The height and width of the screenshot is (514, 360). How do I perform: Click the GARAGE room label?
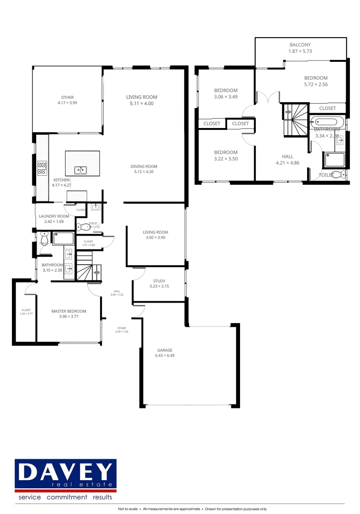(x=164, y=350)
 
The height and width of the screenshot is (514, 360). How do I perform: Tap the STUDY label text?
(x=159, y=281)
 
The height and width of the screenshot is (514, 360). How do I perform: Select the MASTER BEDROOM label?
(x=69, y=311)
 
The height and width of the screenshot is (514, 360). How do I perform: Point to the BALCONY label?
(x=300, y=45)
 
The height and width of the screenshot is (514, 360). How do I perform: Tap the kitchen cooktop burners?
(x=42, y=168)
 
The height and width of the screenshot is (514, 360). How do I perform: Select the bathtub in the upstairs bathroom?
(x=328, y=121)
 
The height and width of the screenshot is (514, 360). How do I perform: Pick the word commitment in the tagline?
(x=66, y=497)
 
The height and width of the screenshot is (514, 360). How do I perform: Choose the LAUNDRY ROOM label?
(x=54, y=216)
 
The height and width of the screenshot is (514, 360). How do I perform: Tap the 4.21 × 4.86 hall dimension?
(x=287, y=162)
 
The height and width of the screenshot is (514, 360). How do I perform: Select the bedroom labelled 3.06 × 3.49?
(x=226, y=93)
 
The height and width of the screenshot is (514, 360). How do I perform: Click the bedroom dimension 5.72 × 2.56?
(x=316, y=84)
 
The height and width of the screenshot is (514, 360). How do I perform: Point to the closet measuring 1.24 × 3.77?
(x=26, y=312)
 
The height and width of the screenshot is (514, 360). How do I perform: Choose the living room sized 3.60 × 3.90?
(x=155, y=235)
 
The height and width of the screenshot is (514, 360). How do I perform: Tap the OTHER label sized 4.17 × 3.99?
(x=67, y=100)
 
